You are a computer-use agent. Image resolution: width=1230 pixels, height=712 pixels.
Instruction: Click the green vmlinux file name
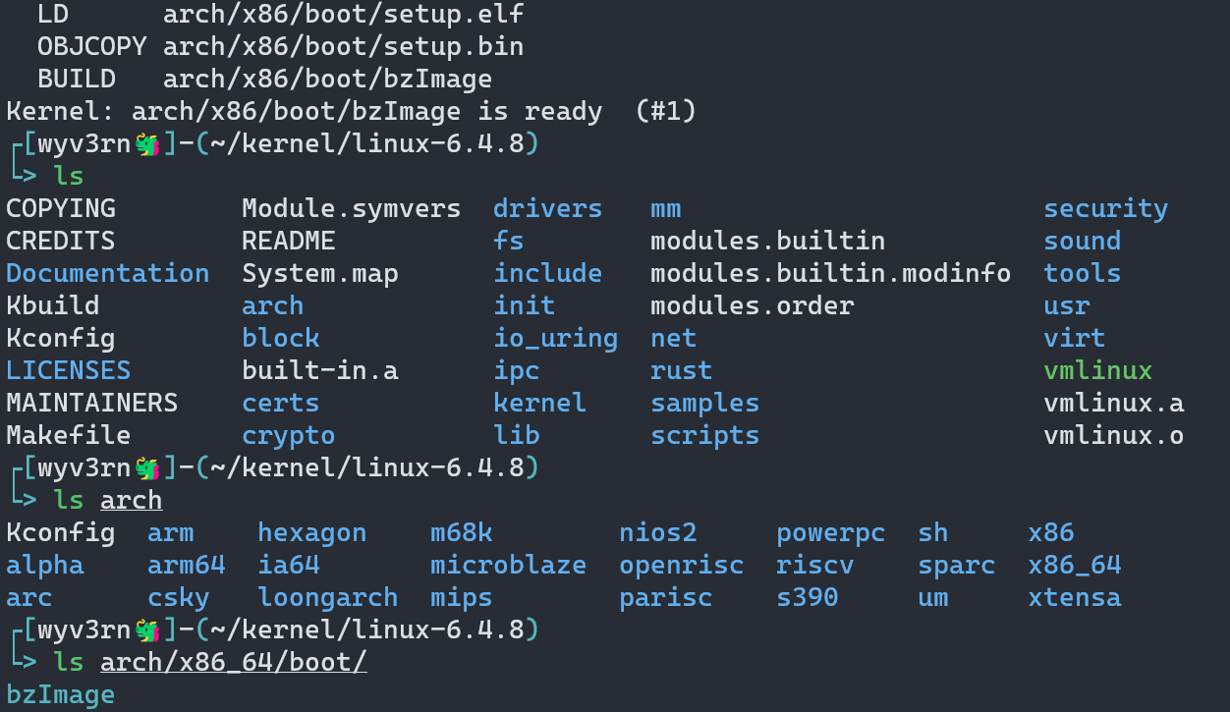coord(1097,371)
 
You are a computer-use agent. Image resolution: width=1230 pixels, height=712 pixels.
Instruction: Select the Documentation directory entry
coord(107,273)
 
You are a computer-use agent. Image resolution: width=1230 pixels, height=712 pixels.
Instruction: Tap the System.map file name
coord(319,273)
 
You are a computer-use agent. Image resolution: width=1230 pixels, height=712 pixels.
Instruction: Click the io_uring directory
coord(555,339)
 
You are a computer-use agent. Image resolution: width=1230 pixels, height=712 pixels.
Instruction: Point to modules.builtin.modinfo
coord(830,273)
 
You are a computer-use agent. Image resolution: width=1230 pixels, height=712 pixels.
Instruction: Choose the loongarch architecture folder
coord(327,598)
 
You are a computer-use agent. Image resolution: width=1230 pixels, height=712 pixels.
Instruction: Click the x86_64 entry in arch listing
coord(1074,566)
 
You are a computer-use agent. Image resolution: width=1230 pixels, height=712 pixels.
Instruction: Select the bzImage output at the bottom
coord(60,696)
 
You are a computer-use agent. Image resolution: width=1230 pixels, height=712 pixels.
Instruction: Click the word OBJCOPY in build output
coord(91,46)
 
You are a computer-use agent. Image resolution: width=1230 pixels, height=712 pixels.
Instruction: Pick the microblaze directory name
coord(508,566)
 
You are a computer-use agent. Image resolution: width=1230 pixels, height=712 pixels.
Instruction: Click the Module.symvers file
coord(351,208)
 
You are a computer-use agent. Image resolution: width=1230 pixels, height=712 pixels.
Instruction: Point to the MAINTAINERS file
coord(91,404)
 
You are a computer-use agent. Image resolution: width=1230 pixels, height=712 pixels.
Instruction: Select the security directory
coord(1105,208)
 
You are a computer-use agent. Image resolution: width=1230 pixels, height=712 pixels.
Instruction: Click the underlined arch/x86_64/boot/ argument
coord(233,664)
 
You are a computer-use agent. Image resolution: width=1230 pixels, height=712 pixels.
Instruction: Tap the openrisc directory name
coord(681,566)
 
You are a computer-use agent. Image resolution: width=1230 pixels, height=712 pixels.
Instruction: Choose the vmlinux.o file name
coord(1113,436)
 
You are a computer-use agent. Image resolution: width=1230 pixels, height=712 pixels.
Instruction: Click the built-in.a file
coord(319,371)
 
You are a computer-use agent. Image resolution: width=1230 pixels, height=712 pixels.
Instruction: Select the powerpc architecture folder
coord(830,533)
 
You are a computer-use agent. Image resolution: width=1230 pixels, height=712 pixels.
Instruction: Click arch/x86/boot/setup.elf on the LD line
coord(343,14)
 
